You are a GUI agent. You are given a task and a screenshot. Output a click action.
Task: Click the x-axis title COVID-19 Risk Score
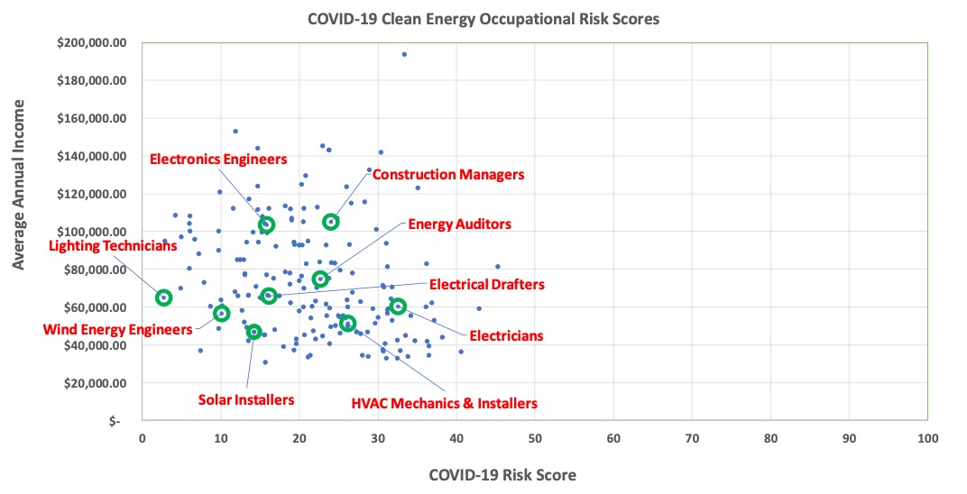[502, 474]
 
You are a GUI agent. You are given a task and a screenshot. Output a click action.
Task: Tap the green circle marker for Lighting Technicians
[163, 297]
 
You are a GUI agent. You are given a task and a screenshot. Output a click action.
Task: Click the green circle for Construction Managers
[331, 222]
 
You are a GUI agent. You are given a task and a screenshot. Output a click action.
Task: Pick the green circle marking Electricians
[398, 306]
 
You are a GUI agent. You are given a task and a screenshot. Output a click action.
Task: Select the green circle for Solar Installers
[254, 332]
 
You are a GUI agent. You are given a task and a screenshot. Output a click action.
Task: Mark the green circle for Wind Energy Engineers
[222, 314]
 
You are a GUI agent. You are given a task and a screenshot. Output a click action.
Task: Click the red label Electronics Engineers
[217, 160]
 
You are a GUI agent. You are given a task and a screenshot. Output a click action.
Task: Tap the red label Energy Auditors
[459, 224]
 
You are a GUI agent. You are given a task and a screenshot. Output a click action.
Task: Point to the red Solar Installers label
[246, 398]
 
